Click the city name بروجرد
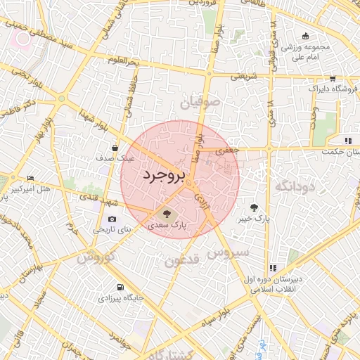163,176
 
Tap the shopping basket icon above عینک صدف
115,148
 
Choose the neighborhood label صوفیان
200,103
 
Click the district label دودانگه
302,186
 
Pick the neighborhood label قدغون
182,262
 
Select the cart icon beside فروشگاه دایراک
332,79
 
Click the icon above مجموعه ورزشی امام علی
305,37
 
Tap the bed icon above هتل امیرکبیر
29,178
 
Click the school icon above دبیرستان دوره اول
273,268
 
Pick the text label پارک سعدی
168,225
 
